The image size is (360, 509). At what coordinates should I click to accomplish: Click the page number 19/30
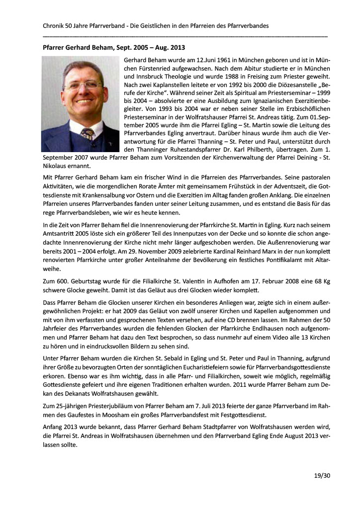[x=323, y=476]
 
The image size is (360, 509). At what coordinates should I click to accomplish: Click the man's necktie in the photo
[x=88, y=134]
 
